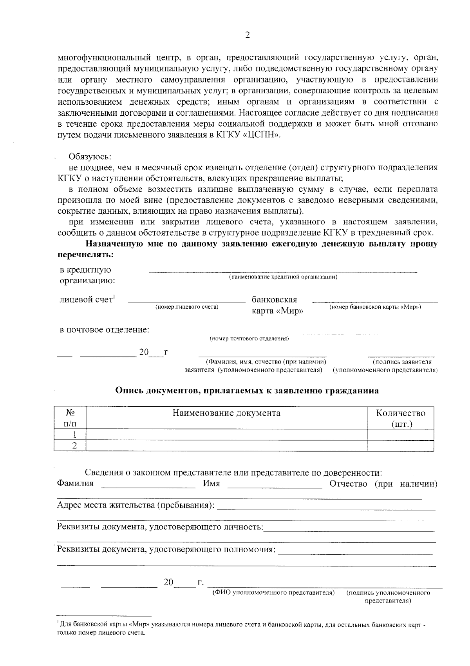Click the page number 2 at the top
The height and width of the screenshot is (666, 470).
[247, 35]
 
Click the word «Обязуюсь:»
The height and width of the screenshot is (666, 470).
[90, 156]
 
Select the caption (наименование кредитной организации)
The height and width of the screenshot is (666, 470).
[283, 277]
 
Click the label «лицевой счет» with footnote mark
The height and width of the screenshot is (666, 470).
[87, 300]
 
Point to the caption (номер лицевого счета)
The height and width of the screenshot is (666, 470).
[187, 307]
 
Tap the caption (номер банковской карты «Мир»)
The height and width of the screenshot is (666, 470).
[375, 307]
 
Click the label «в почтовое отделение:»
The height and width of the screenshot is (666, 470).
[104, 330]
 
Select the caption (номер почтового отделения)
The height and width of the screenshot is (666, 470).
[249, 338]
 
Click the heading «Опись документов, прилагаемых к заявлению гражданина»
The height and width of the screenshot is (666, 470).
[247, 391]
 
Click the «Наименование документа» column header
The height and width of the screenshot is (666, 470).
[226, 413]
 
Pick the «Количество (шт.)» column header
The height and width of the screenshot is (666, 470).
[400, 418]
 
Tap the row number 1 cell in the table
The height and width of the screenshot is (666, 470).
[74, 434]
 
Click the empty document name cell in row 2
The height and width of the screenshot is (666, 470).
[226, 445]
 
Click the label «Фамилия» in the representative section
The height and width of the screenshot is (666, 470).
[75, 483]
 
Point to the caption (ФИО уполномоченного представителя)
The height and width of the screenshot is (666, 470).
[273, 593]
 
